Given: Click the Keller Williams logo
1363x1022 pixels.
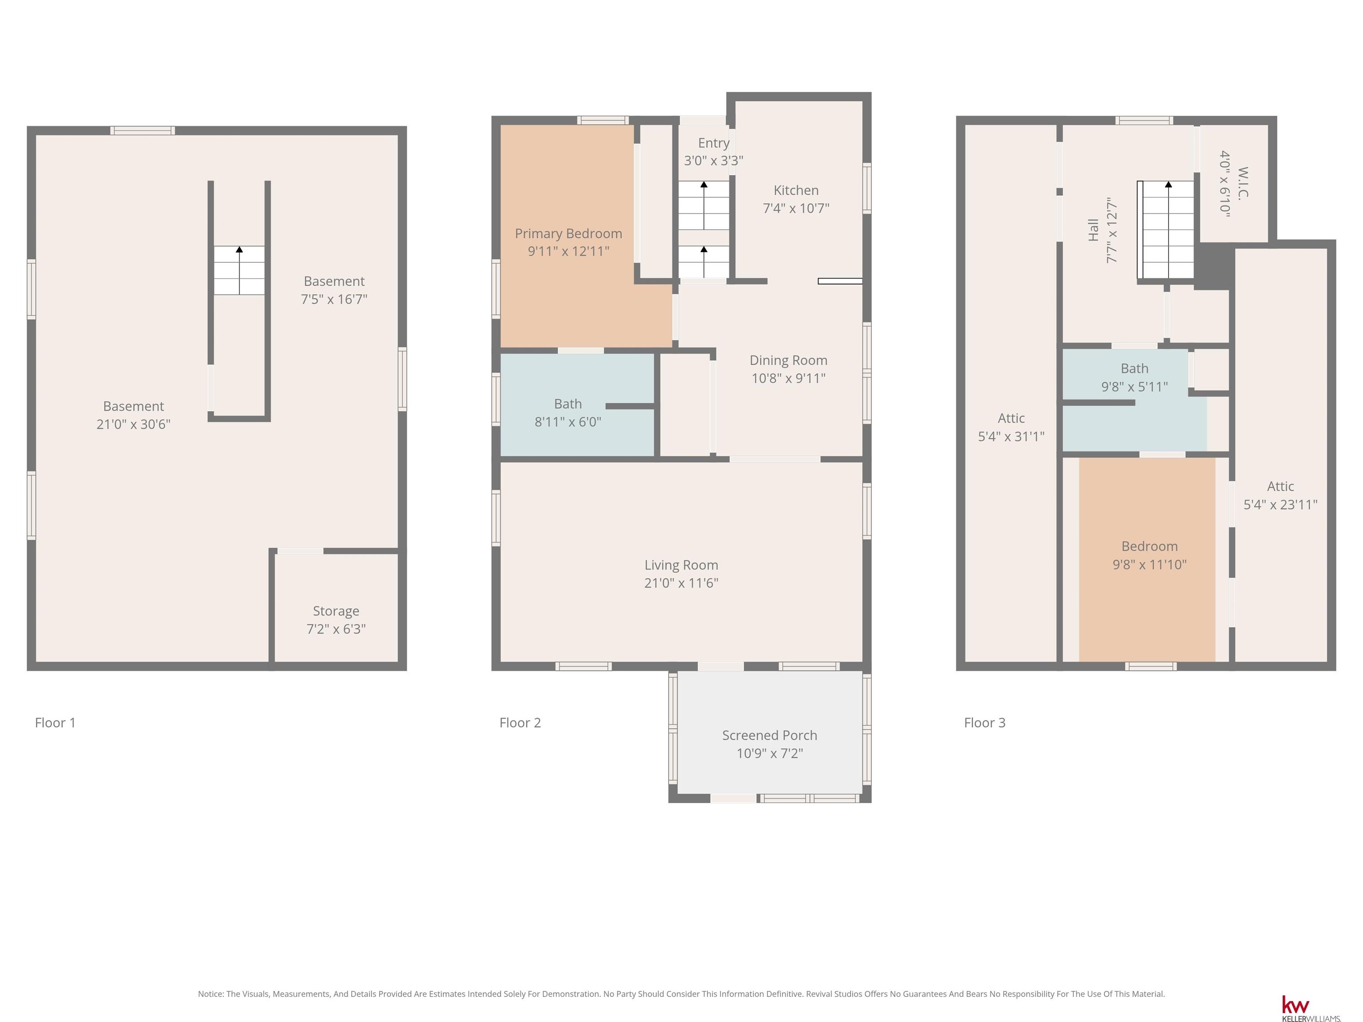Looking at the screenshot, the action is click(x=1311, y=1008).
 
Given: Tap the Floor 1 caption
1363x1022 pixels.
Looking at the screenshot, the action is click(x=55, y=723).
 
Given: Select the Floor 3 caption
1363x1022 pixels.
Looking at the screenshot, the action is click(x=985, y=723).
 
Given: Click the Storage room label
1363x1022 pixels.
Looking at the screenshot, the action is click(x=336, y=611).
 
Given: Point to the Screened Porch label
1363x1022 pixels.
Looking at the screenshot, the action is click(x=770, y=735).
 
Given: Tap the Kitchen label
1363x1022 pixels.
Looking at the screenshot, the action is click(x=796, y=190).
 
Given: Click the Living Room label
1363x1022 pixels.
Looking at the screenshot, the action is click(x=681, y=565).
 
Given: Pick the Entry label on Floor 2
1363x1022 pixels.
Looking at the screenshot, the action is click(x=713, y=143).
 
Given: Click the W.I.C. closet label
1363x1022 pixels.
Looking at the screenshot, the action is click(x=1243, y=182).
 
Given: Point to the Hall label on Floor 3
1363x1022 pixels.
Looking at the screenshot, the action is click(x=1094, y=230).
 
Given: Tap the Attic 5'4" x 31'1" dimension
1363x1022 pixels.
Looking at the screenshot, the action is click(x=1011, y=436).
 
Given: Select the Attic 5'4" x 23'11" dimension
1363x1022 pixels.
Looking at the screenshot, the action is click(x=1280, y=504).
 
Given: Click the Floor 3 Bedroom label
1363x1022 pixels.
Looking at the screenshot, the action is click(x=1150, y=546).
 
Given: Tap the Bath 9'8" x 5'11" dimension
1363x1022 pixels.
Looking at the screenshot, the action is click(x=1135, y=387).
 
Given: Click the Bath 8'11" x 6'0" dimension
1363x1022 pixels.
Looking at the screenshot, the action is click(x=568, y=422).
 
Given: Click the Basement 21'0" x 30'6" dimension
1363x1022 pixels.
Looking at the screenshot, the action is click(x=134, y=424).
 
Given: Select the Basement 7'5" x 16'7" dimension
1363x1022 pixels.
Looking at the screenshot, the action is click(x=334, y=299).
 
